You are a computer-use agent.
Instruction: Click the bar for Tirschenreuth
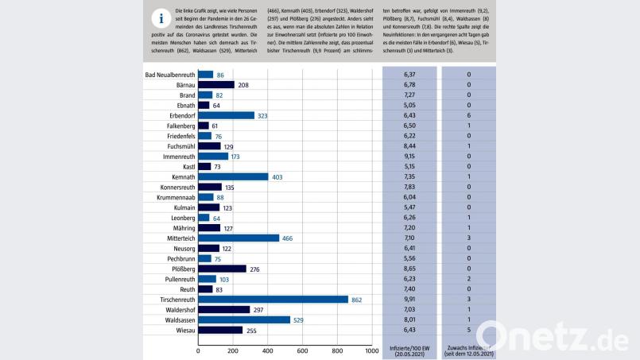point(273,300)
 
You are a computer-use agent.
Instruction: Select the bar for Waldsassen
point(244,319)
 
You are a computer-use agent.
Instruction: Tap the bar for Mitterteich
point(239,238)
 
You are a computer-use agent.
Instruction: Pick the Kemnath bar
point(233,176)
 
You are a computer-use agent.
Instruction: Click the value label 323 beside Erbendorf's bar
point(265,115)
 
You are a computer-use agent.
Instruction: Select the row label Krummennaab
point(172,197)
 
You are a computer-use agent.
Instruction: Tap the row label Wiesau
point(183,330)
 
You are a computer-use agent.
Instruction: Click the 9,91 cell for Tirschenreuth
point(409,300)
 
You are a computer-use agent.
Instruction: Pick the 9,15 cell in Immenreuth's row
point(409,157)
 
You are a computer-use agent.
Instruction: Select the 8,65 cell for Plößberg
point(409,269)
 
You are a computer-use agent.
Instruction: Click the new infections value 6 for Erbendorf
point(468,115)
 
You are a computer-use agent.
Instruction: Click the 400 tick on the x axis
point(267,350)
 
